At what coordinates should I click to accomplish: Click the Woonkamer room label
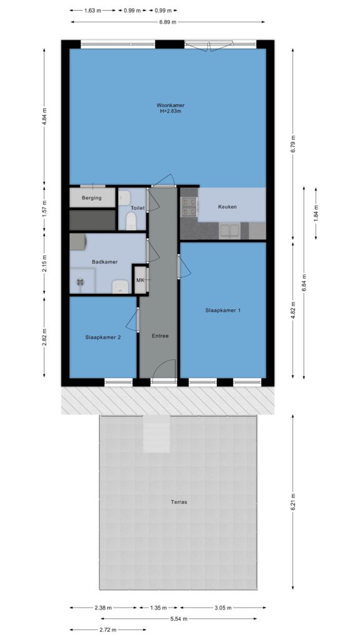(x=170, y=105)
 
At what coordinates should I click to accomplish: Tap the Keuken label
(x=227, y=207)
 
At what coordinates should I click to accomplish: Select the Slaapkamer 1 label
(x=223, y=310)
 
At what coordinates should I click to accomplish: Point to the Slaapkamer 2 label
(x=103, y=337)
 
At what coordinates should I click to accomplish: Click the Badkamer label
(x=105, y=262)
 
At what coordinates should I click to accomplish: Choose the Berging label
(x=92, y=198)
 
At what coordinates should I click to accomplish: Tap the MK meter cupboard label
(x=140, y=280)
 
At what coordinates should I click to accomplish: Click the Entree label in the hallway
(x=160, y=336)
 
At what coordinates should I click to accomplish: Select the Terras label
(x=179, y=502)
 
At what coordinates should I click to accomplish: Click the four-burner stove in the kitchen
(x=189, y=206)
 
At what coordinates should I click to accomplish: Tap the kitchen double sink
(x=229, y=231)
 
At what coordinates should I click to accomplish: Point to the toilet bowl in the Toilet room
(x=131, y=222)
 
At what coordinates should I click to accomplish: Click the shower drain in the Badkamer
(x=80, y=281)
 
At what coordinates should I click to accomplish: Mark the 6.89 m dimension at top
(x=167, y=22)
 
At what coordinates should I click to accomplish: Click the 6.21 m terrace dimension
(x=292, y=502)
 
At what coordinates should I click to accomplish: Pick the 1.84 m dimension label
(x=316, y=212)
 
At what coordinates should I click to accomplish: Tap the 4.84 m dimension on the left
(x=44, y=116)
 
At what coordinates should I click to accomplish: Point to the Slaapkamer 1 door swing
(x=184, y=266)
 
